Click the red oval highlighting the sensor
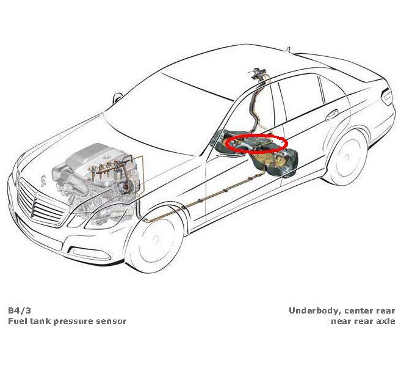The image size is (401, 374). point(256,144)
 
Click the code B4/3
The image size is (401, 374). point(18,310)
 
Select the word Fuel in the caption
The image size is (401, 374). point(17,321)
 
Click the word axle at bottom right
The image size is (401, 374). point(385,321)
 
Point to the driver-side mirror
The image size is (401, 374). point(229,151)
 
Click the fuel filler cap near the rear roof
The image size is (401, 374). point(259,74)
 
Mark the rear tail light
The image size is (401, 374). point(387,97)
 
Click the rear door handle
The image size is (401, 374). point(331,114)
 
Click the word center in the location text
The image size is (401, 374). point(355,310)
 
